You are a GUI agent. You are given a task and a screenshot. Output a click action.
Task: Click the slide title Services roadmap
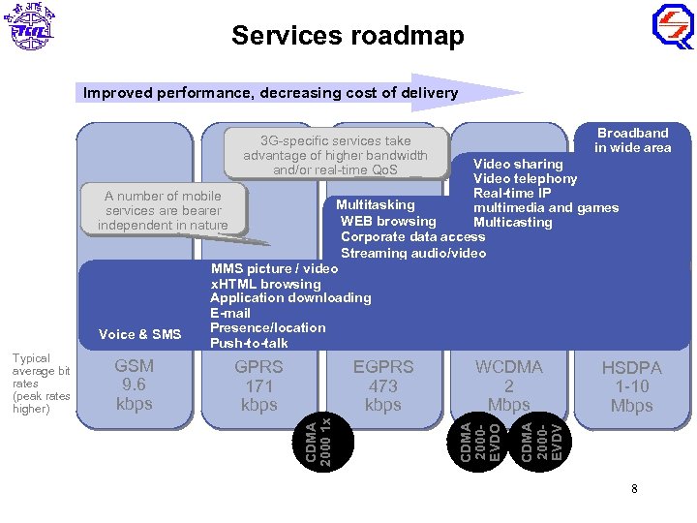pyautogui.click(x=348, y=36)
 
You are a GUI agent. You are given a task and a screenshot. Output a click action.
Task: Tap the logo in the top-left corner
pyautogui.click(x=31, y=27)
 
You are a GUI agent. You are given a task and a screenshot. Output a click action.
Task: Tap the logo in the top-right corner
pyautogui.click(x=672, y=27)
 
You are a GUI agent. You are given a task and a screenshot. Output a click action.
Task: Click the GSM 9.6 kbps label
pyautogui.click(x=134, y=385)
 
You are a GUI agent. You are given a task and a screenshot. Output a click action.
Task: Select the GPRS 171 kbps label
pyautogui.click(x=258, y=385)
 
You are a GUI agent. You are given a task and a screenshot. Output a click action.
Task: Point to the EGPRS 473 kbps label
pyautogui.click(x=382, y=385)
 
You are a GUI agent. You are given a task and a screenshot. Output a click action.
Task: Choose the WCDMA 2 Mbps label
pyautogui.click(x=508, y=385)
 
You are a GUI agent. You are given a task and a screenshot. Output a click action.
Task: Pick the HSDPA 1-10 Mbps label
pyautogui.click(x=631, y=387)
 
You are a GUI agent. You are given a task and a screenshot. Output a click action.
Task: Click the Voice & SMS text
pyautogui.click(x=140, y=334)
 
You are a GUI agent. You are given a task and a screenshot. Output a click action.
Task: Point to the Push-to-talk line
pyautogui.click(x=249, y=343)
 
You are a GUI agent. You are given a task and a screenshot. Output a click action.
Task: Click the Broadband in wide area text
pyautogui.click(x=632, y=140)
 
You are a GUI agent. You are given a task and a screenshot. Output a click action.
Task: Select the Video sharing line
pyautogui.click(x=517, y=164)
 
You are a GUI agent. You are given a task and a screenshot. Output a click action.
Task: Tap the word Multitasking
pyautogui.click(x=375, y=204)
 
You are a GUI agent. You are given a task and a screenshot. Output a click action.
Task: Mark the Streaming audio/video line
pyautogui.click(x=413, y=253)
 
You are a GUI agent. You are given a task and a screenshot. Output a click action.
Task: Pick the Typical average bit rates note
pyautogui.click(x=41, y=384)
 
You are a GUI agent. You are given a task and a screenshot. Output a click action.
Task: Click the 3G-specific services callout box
pyautogui.click(x=335, y=155)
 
